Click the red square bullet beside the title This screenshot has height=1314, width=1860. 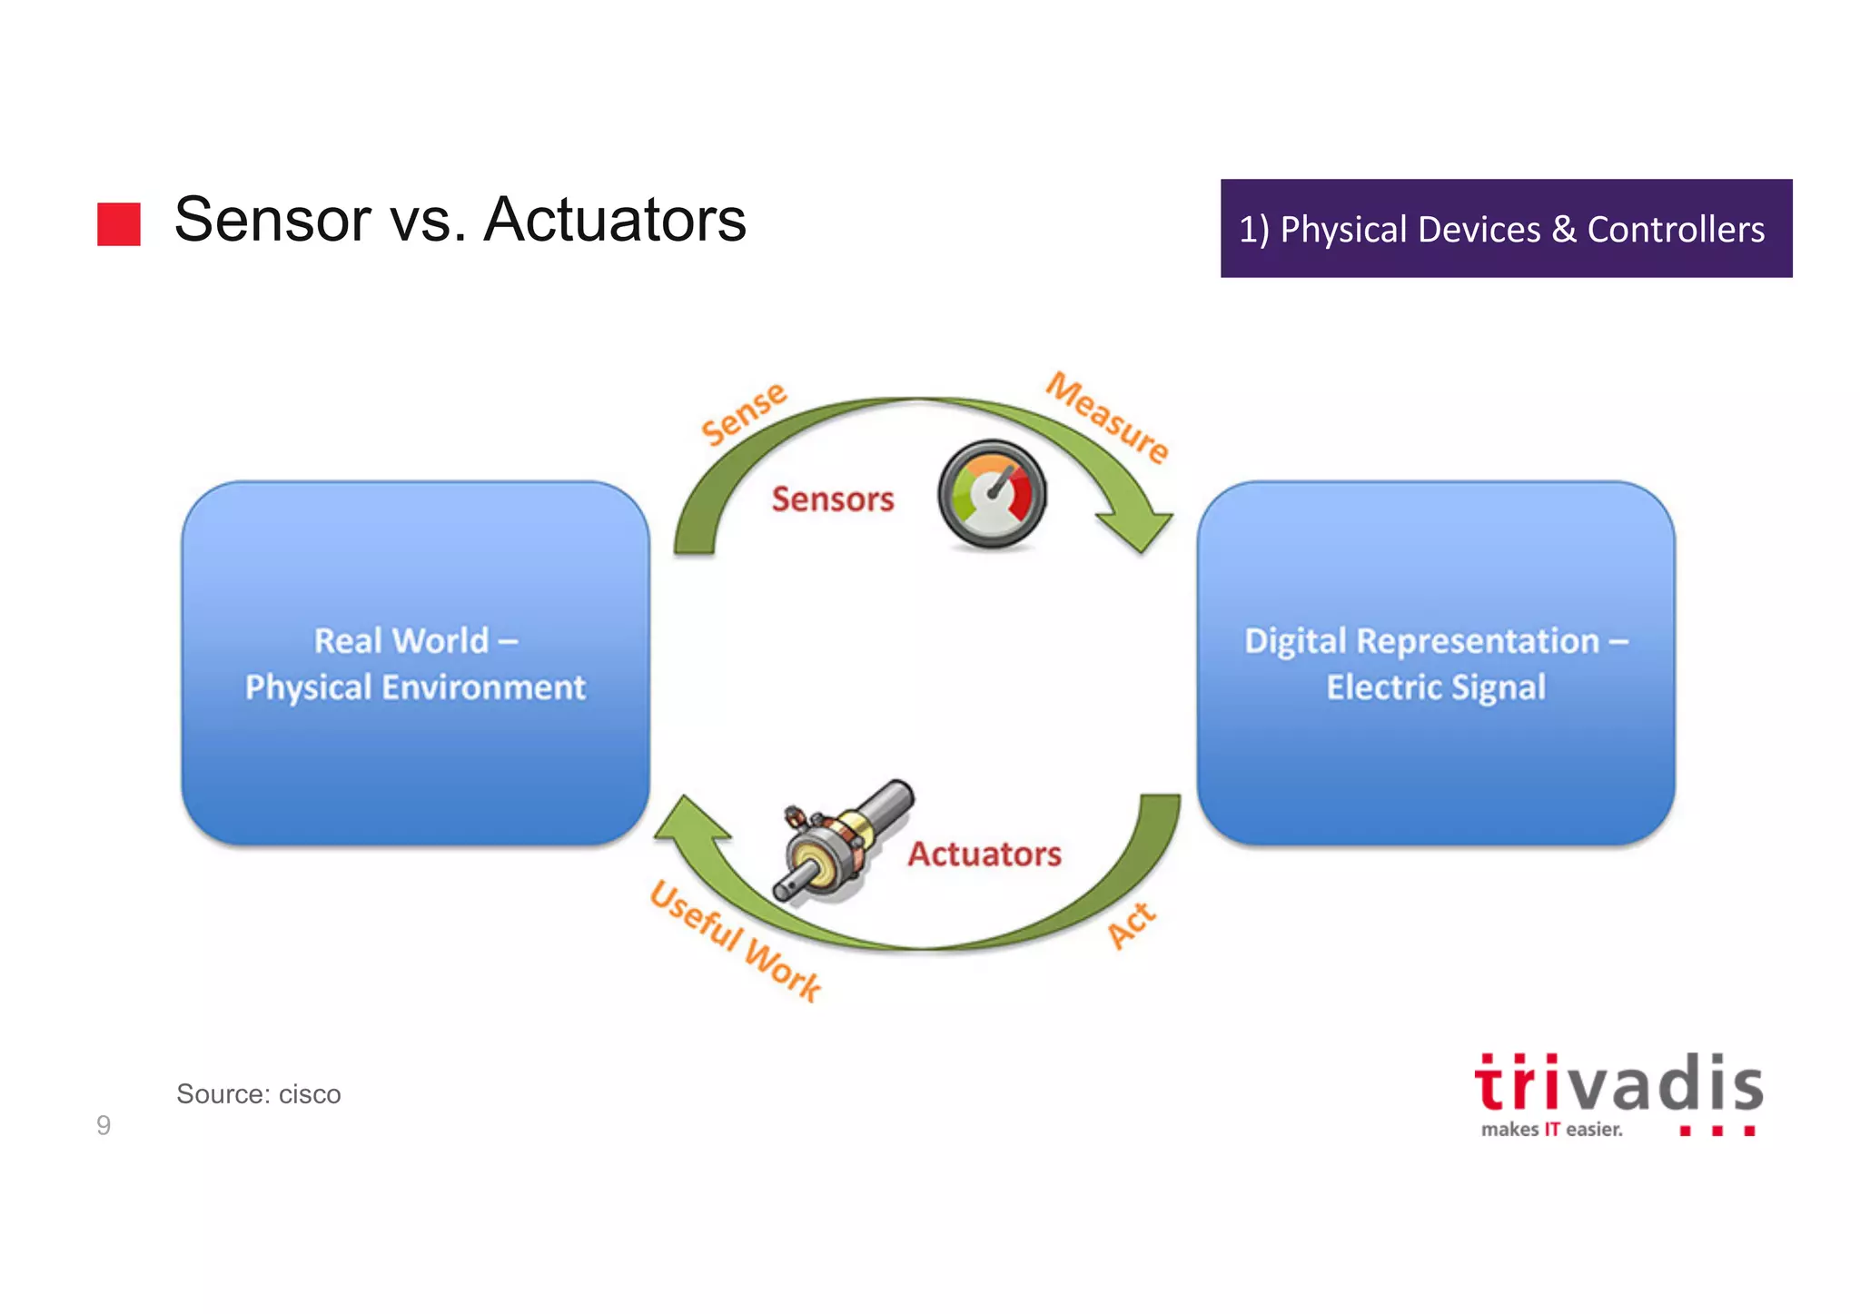(119, 224)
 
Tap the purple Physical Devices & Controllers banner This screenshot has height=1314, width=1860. (1505, 229)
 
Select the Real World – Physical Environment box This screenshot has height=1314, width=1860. (415, 664)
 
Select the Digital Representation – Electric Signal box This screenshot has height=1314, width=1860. (1435, 664)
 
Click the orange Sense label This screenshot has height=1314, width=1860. (744, 414)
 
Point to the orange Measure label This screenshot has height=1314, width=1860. (1107, 418)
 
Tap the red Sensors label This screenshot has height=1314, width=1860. (832, 499)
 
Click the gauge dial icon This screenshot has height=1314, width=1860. (992, 495)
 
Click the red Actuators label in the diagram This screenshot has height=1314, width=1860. (984, 855)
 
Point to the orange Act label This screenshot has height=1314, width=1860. (1132, 925)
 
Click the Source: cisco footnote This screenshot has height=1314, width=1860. (259, 1094)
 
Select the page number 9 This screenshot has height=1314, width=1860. (104, 1126)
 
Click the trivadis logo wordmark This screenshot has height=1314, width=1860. (1618, 1084)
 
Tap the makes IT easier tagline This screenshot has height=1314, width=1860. (1550, 1130)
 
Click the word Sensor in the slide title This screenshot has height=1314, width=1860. (272, 221)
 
